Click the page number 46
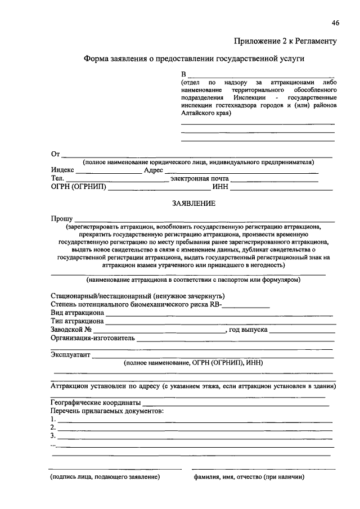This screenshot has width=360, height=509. [335, 22]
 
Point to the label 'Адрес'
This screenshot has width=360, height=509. [154, 170]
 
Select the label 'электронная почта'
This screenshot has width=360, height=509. [200, 179]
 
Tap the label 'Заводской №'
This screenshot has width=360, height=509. [71, 330]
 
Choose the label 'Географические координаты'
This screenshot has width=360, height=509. [95, 403]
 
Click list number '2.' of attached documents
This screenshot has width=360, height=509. [53, 427]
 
